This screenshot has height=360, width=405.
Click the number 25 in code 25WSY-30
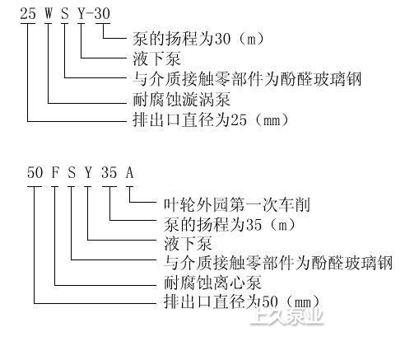[x=28, y=13]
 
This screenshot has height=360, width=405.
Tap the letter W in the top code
[x=49, y=13]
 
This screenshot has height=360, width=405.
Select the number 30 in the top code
[x=102, y=13]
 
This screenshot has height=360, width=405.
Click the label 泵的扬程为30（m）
[x=198, y=39]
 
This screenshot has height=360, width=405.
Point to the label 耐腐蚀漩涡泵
[x=181, y=100]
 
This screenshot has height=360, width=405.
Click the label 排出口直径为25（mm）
[x=211, y=120]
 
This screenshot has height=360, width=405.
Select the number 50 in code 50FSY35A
[x=35, y=173]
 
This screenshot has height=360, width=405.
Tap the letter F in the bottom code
[x=55, y=173]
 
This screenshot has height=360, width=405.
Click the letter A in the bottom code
[x=130, y=173]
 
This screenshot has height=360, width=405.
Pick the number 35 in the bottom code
[x=109, y=173]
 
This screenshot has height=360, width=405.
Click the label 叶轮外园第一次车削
[x=237, y=205]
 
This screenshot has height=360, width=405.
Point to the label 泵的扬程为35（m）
[x=230, y=224]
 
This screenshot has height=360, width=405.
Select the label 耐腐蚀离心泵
[x=212, y=283]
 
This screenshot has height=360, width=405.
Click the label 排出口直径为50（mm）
[x=242, y=302]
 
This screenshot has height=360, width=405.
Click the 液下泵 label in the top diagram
[x=156, y=58]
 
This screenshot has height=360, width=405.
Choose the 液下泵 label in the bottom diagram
[x=188, y=244]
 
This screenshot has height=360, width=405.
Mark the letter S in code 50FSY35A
[x=72, y=173]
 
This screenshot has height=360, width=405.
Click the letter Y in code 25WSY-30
[x=81, y=13]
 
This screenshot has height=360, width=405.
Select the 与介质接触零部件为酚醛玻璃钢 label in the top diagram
[x=247, y=79]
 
